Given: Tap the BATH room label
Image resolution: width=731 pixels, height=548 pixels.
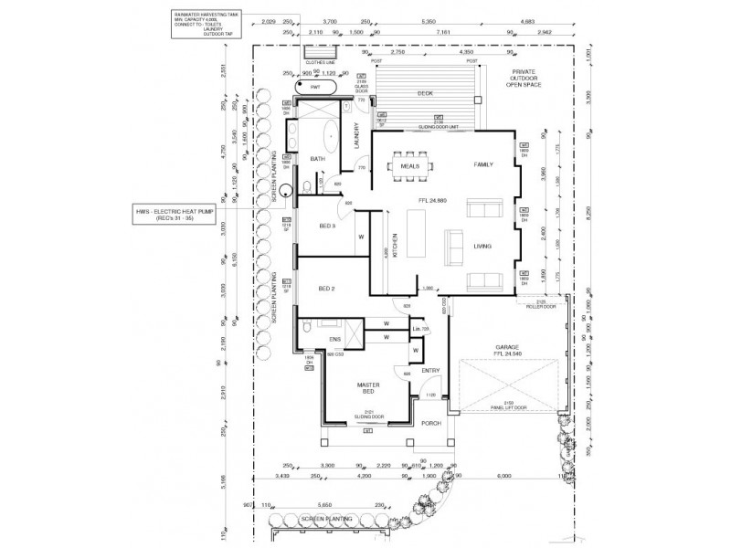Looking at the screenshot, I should [x=318, y=159].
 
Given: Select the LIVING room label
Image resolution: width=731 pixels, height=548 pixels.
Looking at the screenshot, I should [x=482, y=246].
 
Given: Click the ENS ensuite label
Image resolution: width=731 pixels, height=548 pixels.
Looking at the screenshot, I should [x=334, y=340].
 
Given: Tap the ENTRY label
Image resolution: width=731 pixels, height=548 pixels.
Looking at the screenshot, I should [x=430, y=370].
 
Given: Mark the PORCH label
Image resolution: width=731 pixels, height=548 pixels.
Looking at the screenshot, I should [x=430, y=424].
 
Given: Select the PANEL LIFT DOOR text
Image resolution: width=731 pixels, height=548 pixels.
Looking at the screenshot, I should [x=507, y=408].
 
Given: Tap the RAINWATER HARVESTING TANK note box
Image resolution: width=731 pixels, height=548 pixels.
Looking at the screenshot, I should [x=201, y=25].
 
